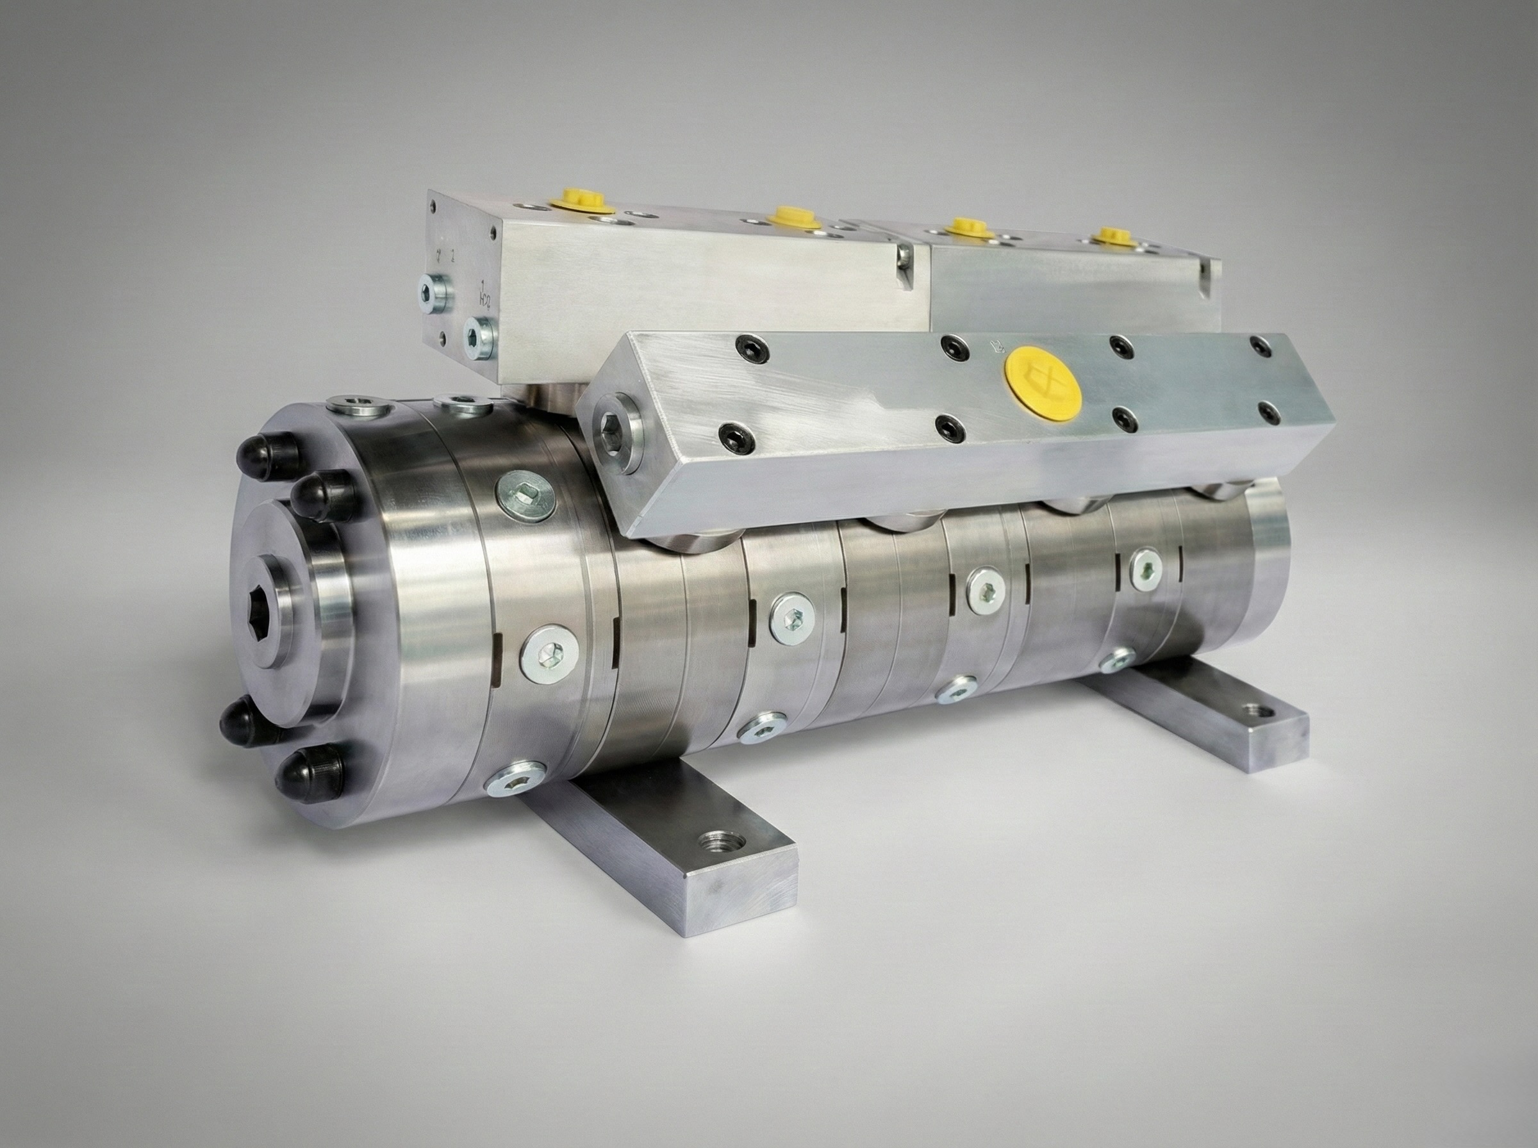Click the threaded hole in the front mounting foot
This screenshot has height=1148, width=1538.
717,844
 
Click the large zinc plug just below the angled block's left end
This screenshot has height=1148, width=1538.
525,495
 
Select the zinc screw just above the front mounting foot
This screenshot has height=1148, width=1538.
516,783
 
